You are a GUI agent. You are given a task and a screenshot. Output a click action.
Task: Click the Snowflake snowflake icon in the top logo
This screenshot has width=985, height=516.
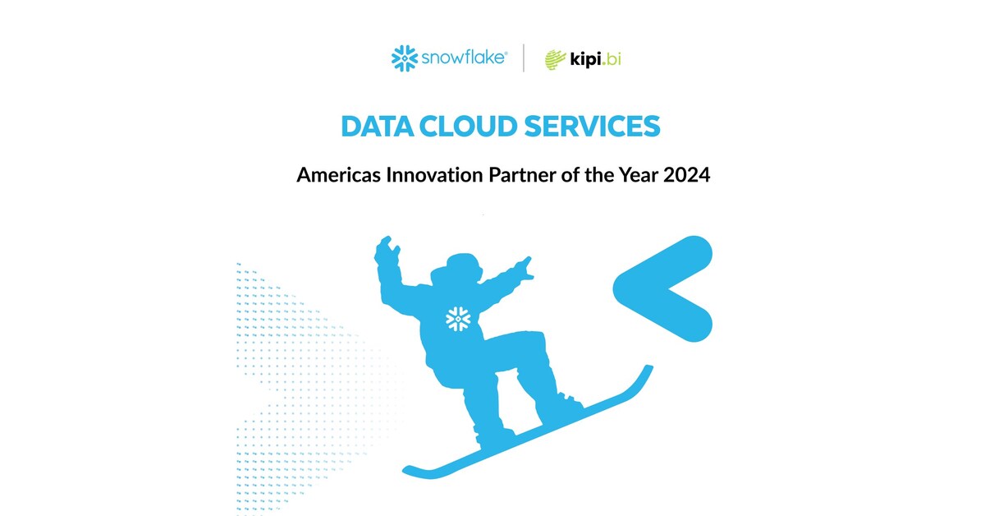(405, 58)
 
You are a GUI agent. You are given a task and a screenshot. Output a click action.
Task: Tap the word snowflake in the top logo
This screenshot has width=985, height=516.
(464, 58)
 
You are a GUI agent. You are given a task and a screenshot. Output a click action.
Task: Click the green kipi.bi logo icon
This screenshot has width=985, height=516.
(556, 59)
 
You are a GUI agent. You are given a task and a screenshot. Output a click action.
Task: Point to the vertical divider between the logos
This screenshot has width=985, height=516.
(524, 58)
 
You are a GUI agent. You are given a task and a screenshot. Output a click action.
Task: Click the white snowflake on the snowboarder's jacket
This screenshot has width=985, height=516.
(456, 318)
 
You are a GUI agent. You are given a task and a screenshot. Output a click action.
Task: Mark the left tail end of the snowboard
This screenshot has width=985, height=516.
(410, 471)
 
